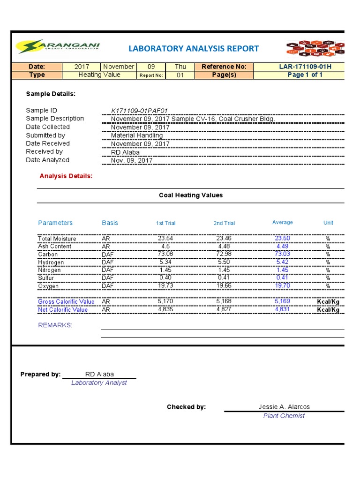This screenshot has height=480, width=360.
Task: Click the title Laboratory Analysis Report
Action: (194, 48)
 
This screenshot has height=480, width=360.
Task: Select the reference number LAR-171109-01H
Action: (305, 67)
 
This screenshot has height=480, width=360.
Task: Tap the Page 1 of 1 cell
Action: (305, 75)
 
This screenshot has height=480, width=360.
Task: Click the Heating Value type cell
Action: (99, 75)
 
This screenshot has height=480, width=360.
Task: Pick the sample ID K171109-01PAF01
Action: (139, 111)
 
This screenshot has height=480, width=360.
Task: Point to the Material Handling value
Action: (136, 135)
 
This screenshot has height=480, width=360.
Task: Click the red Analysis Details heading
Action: (66, 176)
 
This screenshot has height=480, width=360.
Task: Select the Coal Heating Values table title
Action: (191, 195)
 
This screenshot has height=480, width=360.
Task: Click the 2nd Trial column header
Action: (224, 223)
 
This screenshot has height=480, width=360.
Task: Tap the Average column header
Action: (282, 223)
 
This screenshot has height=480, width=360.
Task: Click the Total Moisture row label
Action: (57, 239)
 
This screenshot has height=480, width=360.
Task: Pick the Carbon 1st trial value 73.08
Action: (165, 254)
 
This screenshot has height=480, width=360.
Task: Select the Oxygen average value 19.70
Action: (282, 285)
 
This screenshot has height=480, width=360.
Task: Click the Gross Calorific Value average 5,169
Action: (282, 301)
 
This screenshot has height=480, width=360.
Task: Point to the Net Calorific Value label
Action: (63, 309)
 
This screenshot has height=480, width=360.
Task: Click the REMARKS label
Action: (55, 325)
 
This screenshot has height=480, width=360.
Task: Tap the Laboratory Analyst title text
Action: (99, 383)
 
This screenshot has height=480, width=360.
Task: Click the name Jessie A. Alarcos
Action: (284, 407)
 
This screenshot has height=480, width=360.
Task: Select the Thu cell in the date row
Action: (180, 67)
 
